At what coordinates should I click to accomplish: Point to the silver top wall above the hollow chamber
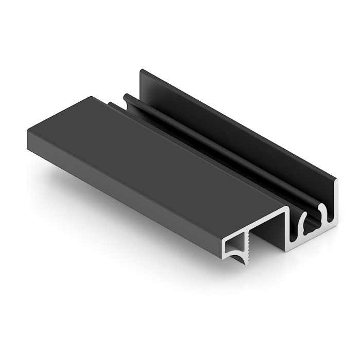pyautogui.click(x=252, y=227)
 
